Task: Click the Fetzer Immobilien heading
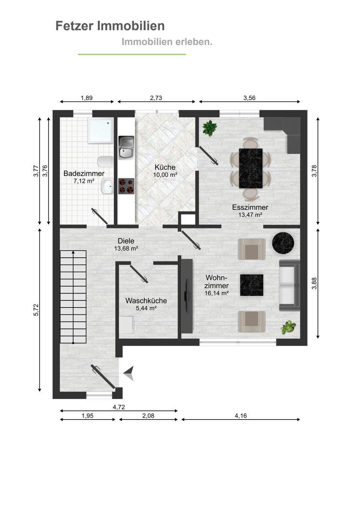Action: (110, 26)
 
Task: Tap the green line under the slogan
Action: (132, 54)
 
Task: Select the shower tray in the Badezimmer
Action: (101, 130)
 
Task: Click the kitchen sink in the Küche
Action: (127, 148)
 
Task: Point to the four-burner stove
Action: (126, 186)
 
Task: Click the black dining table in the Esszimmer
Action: (251, 168)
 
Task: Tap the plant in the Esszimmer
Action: (210, 129)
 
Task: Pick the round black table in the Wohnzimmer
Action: (283, 243)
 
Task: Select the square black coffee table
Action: (251, 285)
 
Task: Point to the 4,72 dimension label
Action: (119, 407)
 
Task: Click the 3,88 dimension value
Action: (314, 283)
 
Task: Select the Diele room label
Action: (126, 241)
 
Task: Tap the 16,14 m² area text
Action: (216, 293)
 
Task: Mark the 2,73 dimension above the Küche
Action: (156, 98)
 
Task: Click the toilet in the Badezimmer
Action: (105, 162)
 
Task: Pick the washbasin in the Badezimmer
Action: (107, 186)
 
